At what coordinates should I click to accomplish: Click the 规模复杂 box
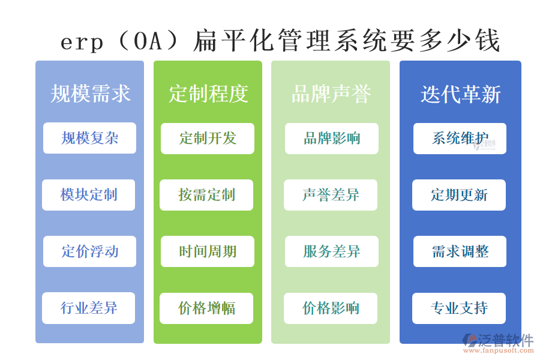(x=89, y=138)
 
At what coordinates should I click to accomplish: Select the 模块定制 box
(x=88, y=195)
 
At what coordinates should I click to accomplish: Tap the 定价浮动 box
(x=89, y=251)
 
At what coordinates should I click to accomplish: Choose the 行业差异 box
(x=88, y=308)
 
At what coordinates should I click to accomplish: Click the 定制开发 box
(x=208, y=139)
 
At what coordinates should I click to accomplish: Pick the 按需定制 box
(x=206, y=195)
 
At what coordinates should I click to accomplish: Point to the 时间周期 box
(x=208, y=251)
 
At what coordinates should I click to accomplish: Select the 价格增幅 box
(x=206, y=308)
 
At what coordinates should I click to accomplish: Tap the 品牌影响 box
(x=331, y=139)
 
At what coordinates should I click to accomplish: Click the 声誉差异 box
(x=331, y=195)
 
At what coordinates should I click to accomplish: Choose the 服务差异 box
(x=331, y=251)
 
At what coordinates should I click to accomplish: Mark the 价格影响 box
(x=331, y=308)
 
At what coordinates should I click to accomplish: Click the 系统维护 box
(x=460, y=139)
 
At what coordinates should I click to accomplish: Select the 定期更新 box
(x=459, y=195)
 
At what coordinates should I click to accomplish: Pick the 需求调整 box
(x=460, y=251)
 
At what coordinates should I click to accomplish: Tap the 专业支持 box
(x=459, y=308)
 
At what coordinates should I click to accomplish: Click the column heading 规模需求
(x=90, y=94)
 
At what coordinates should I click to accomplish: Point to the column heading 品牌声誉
(x=331, y=94)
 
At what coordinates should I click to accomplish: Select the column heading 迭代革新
(x=460, y=94)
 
